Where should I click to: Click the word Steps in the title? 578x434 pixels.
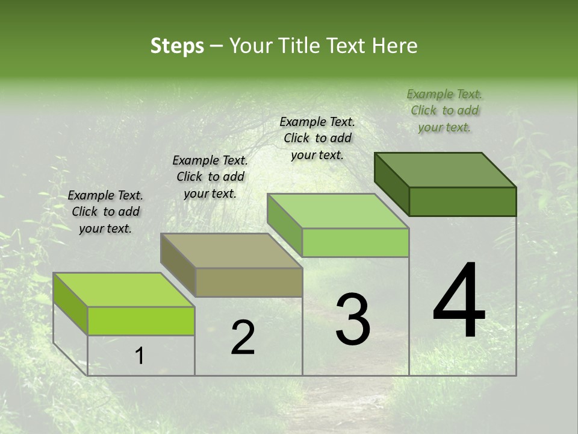177,46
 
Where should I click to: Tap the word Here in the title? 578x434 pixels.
395,46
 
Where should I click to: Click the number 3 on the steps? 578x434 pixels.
353,319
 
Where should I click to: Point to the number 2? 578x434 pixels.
243,337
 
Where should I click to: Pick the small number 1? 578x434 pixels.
140,356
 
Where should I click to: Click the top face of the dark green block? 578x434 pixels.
446,170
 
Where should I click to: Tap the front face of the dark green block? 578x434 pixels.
462,201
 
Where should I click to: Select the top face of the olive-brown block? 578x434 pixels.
231,251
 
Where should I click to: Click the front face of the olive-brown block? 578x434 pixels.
249,282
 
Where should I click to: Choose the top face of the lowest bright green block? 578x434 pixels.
124,290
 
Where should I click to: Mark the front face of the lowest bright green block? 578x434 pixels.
141,321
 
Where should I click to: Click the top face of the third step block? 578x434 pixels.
338,211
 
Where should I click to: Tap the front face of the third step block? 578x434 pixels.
355,242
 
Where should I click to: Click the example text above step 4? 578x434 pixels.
444,110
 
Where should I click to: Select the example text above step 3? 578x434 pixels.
317,138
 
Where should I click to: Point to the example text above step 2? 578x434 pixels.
210,177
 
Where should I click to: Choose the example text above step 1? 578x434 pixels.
105,212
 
